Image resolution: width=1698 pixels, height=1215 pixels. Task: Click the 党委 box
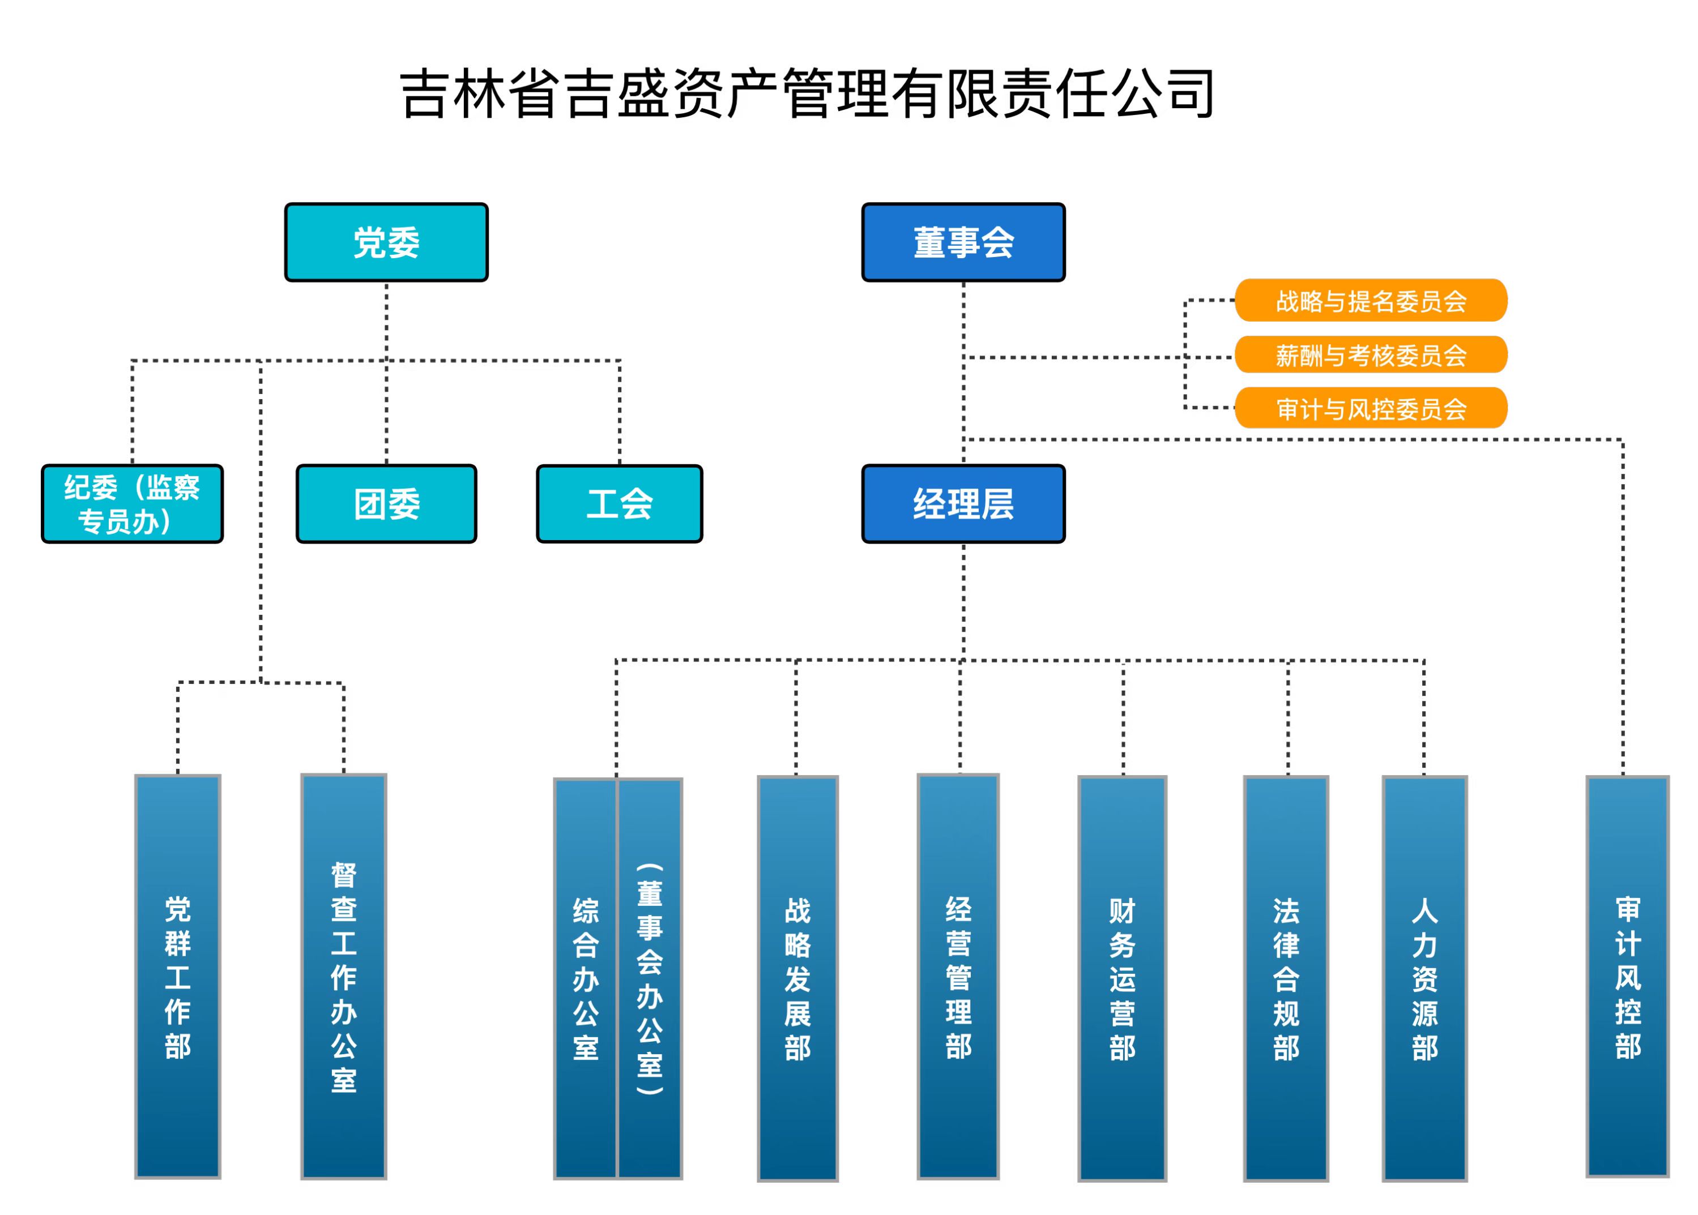pos(386,242)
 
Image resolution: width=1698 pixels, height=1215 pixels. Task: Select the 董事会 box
pos(962,242)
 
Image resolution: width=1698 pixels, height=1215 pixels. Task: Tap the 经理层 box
pos(962,503)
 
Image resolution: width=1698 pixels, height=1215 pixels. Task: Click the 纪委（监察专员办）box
pos(133,503)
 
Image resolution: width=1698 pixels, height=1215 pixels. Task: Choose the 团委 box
pos(386,503)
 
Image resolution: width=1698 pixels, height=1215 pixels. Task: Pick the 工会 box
pos(619,503)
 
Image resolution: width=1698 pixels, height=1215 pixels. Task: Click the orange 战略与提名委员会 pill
pos(1370,301)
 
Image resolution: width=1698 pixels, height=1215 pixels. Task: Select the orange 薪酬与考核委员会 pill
pos(1370,354)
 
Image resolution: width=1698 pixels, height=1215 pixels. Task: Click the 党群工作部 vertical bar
pos(177,976)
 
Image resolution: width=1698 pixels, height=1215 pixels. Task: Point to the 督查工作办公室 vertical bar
pos(343,976)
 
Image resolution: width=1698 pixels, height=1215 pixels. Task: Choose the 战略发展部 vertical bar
pos(797,978)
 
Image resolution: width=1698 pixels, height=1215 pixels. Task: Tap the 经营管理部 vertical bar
pos(958,976)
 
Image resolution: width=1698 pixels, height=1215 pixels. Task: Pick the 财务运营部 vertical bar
pos(1122,978)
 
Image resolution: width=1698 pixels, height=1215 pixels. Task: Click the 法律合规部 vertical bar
pos(1286,978)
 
